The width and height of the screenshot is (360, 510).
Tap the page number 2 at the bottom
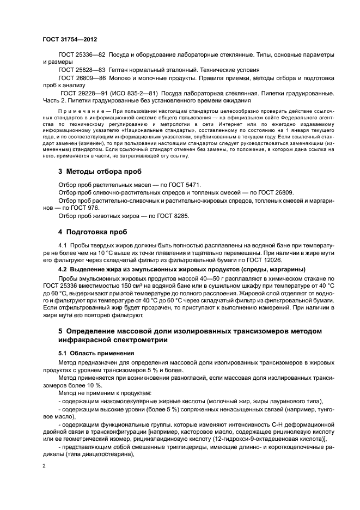[x=44, y=465]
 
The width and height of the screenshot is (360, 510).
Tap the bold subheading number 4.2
[x=64, y=269]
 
